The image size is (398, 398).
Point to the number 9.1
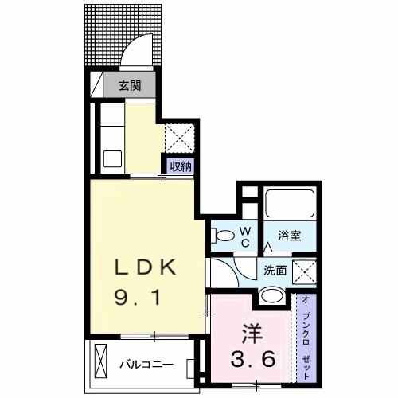click(x=142, y=298)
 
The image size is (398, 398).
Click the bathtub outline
click(x=291, y=203)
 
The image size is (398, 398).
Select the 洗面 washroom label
click(x=275, y=269)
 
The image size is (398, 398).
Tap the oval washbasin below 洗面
click(x=272, y=296)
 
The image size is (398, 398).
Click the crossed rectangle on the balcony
click(x=101, y=363)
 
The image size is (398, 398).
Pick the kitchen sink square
click(x=111, y=157)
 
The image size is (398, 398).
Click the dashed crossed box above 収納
click(x=178, y=137)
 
